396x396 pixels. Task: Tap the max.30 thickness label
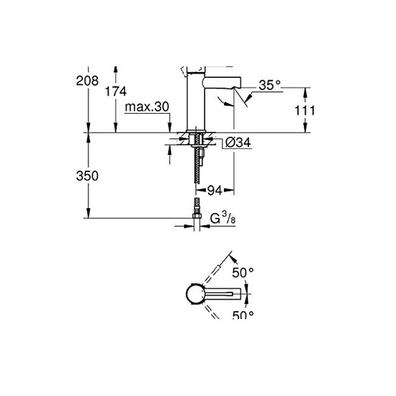coord(146,107)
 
